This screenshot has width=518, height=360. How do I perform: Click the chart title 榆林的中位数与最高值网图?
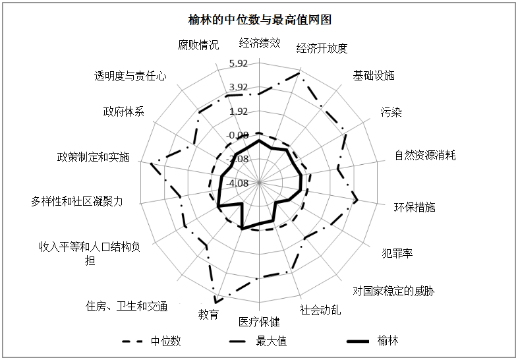tap(259, 20)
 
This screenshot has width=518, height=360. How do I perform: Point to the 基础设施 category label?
tap(374, 75)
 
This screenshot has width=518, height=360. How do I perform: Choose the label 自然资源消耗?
tap(425, 156)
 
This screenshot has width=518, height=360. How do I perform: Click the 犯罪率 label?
tap(397, 253)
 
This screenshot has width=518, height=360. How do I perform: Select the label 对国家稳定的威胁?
tap(393, 291)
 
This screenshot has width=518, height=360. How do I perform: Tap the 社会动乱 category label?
tap(320, 309)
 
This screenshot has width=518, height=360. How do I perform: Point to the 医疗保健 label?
tap(259, 322)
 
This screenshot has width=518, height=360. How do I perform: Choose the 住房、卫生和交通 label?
tap(127, 306)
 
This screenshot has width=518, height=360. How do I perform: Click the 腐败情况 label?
tap(198, 45)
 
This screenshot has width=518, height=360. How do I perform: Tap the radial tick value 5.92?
tap(238, 63)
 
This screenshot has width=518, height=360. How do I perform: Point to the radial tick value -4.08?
tap(238, 183)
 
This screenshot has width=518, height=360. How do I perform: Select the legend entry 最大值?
tap(271, 341)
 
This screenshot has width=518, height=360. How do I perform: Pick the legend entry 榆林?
tap(388, 341)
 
